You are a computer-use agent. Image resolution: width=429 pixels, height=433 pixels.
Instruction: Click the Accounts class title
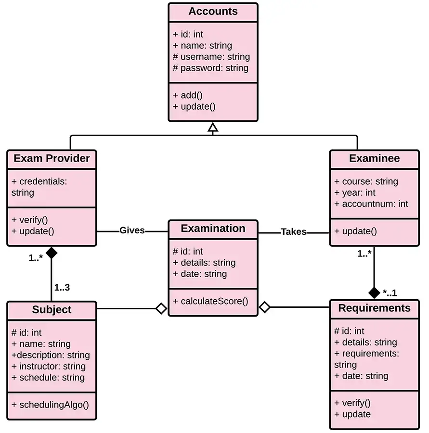pyautogui.click(x=213, y=12)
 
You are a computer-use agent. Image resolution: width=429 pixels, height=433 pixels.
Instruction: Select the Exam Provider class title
pyautogui.click(x=52, y=158)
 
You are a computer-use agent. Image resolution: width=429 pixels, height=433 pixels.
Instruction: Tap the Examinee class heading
pyautogui.click(x=374, y=158)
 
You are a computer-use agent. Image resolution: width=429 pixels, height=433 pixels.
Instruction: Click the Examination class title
pyautogui.click(x=213, y=229)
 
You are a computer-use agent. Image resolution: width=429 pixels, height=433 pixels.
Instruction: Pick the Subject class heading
pyautogui.click(x=52, y=310)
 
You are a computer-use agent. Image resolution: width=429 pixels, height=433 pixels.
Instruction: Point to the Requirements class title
pyautogui.click(x=374, y=308)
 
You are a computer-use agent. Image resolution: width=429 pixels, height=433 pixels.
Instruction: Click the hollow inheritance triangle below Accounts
pyautogui.click(x=213, y=127)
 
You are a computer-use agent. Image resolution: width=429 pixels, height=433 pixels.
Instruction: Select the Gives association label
pyautogui.click(x=132, y=230)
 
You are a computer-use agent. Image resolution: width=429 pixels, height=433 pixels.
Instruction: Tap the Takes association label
pyautogui.click(x=293, y=231)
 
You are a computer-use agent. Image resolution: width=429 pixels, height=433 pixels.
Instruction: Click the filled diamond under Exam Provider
pyautogui.click(x=52, y=253)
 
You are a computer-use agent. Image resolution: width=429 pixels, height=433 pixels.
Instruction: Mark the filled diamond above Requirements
pyautogui.click(x=374, y=292)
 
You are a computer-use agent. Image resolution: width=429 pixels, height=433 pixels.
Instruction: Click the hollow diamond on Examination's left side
pyautogui.click(x=161, y=308)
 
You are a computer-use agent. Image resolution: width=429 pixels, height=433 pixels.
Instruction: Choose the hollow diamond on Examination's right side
pyautogui.click(x=264, y=307)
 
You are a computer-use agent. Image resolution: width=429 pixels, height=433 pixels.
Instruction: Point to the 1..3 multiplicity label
pyautogui.click(x=62, y=288)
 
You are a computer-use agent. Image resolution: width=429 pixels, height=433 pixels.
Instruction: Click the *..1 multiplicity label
pyautogui.click(x=390, y=292)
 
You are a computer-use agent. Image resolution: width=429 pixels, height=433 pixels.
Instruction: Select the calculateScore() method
pyautogui.click(x=211, y=301)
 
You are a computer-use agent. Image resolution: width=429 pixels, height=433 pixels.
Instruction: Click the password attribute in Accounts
pyautogui.click(x=211, y=68)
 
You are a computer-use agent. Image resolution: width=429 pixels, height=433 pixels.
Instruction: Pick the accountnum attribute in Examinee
pyautogui.click(x=371, y=204)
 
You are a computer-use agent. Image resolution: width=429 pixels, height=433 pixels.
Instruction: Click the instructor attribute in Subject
pyautogui.click(x=48, y=366)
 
